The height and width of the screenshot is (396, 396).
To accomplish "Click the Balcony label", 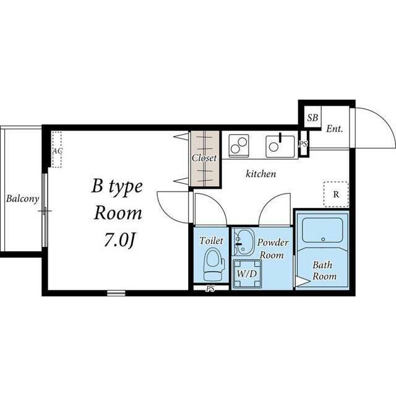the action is coord(22,199).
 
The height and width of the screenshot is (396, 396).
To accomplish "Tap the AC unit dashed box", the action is coord(57,149).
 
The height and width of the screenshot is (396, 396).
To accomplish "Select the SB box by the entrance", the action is coord(312,117).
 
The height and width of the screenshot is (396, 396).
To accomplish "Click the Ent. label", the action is coord(334,129).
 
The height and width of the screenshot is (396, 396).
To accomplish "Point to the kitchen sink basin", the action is coord(280,147).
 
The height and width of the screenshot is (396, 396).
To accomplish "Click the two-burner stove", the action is coord(239,146).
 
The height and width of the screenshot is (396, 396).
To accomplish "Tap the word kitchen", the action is coord(261,174).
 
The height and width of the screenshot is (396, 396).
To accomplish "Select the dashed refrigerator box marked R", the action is coord(336,194).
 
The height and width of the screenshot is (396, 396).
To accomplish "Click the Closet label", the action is coord(204,158).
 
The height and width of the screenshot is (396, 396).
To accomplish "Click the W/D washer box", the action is coord(247,273).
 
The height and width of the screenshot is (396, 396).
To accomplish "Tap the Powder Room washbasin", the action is coord(243,242).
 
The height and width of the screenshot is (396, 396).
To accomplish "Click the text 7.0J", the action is coord(119,241).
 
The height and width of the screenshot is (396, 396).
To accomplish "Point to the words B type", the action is coord(117,187).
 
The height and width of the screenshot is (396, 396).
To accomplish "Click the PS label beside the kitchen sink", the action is coord(303,144).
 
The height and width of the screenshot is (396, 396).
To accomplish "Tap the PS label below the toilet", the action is coord(210,289).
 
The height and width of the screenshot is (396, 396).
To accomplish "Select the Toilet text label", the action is coord(212,241).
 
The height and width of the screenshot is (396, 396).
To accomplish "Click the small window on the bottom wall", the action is coord(116,293).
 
